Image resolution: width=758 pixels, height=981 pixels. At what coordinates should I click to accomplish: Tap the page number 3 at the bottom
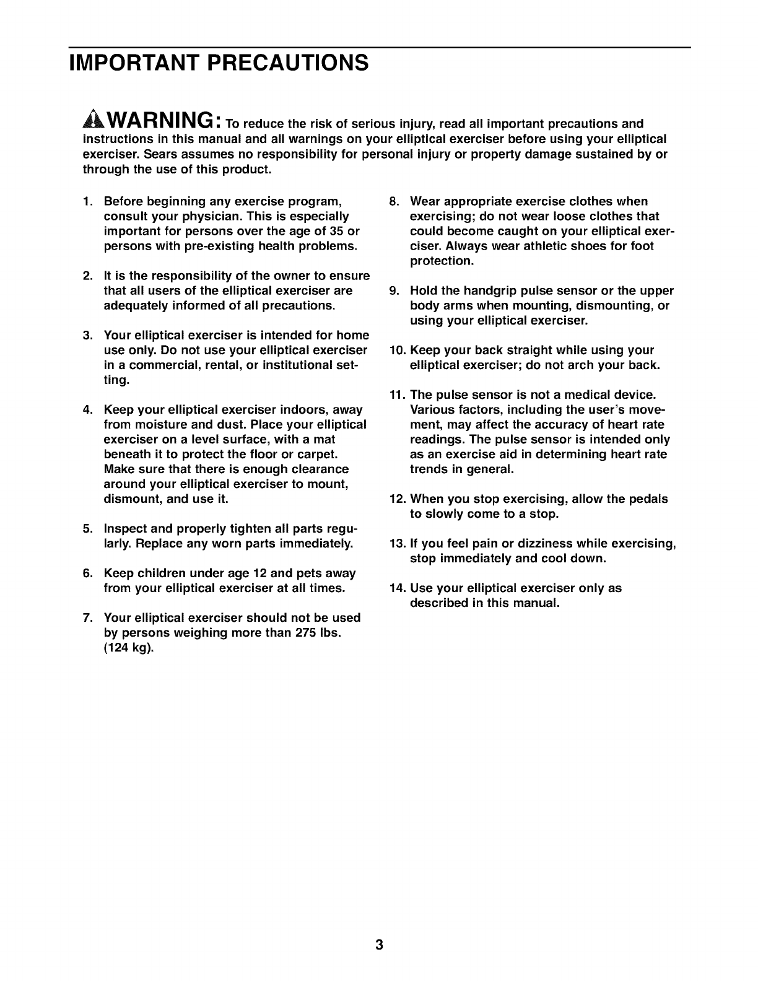pyautogui.click(x=379, y=945)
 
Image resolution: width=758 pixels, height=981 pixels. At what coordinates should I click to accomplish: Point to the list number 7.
pyautogui.click(x=87, y=617)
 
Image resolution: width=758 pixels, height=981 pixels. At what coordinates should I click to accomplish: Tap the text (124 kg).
pyautogui.click(x=129, y=648)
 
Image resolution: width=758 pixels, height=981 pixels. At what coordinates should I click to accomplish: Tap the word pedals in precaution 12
pyautogui.click(x=647, y=499)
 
